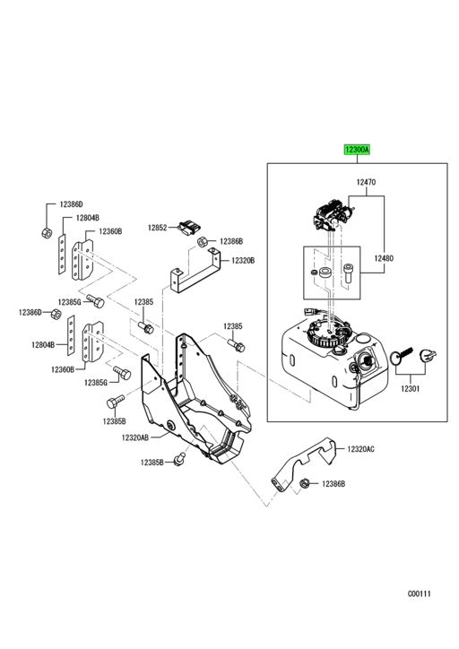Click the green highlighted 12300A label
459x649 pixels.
[x=357, y=150]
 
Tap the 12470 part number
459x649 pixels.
[x=367, y=182]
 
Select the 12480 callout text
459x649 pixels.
[x=384, y=258]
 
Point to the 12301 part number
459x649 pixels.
[x=411, y=389]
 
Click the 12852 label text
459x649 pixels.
[x=157, y=228]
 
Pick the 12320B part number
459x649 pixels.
[x=243, y=260]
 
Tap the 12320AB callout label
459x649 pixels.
[x=135, y=437]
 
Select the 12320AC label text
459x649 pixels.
[x=360, y=449]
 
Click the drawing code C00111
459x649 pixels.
[x=420, y=593]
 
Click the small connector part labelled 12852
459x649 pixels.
[x=189, y=227]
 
